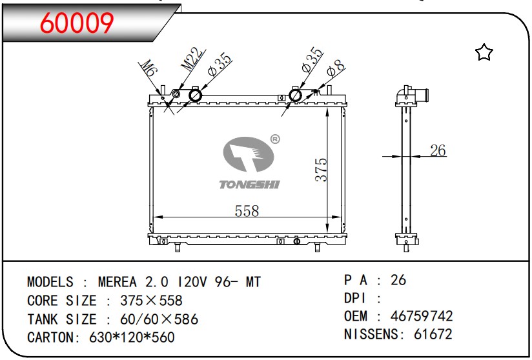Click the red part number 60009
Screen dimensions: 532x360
[77, 23]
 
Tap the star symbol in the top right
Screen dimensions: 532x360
[484, 52]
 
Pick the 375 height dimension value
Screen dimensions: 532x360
[322, 170]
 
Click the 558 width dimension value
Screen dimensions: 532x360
[247, 211]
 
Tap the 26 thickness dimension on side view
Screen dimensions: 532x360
[438, 150]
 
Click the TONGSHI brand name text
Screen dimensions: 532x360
[249, 185]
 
